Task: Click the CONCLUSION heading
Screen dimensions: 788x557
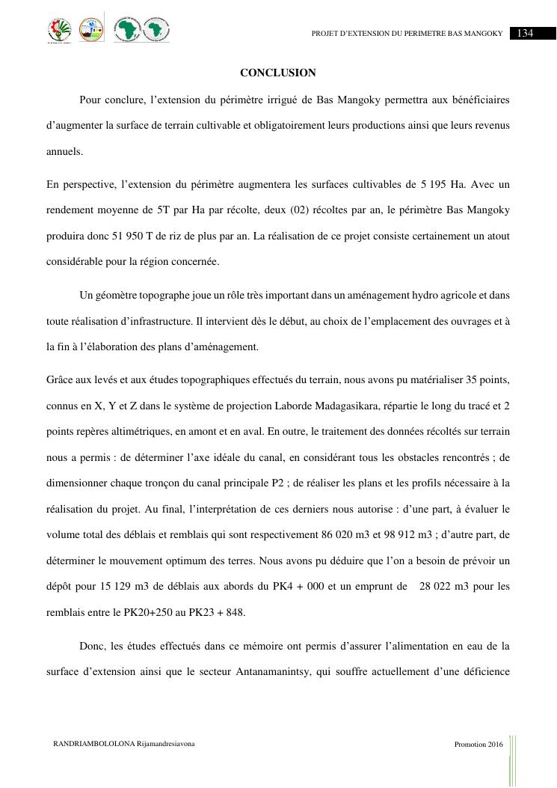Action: [x=278, y=73]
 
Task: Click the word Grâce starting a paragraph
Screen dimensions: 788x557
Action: [x=60, y=380]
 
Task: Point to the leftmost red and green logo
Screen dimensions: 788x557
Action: [x=60, y=31]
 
